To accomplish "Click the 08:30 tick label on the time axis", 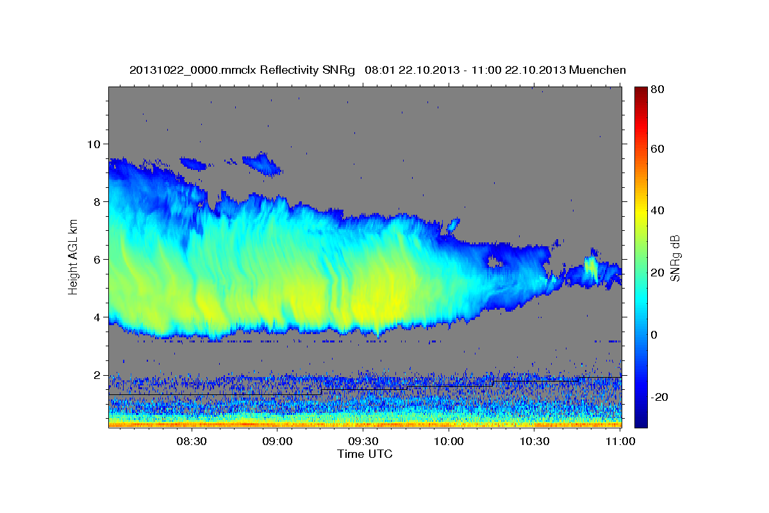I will pyautogui.click(x=191, y=441).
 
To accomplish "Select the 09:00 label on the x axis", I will pyautogui.click(x=277, y=441).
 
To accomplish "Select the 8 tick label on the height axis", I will pyautogui.click(x=98, y=201).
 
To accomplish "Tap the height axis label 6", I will pyautogui.click(x=98, y=259).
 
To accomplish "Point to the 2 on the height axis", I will pyautogui.click(x=98, y=374).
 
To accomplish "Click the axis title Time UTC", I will pyautogui.click(x=365, y=454).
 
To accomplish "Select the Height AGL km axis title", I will pyautogui.click(x=73, y=256).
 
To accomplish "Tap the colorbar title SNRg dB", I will pyautogui.click(x=675, y=256).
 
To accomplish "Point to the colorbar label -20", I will pyautogui.click(x=657, y=397).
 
